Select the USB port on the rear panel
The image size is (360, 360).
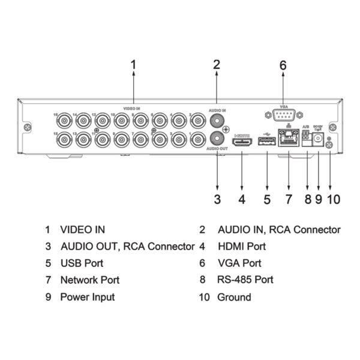coord(266,142)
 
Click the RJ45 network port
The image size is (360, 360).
coord(288,142)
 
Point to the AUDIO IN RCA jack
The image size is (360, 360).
coord(217,119)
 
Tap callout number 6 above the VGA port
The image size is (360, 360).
coord(283,64)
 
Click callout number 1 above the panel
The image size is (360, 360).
coord(133,64)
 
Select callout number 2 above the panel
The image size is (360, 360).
coord(217,64)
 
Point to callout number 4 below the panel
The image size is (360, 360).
coord(242,199)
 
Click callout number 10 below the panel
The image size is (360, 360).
coord(333,199)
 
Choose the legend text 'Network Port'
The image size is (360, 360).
coord(89,280)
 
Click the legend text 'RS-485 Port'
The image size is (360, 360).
coord(245,280)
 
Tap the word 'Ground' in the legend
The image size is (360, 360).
coord(234,297)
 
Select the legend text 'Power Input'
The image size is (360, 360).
coord(87,297)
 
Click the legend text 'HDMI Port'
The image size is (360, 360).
coord(241,246)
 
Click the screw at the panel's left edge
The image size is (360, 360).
coord(28,128)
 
